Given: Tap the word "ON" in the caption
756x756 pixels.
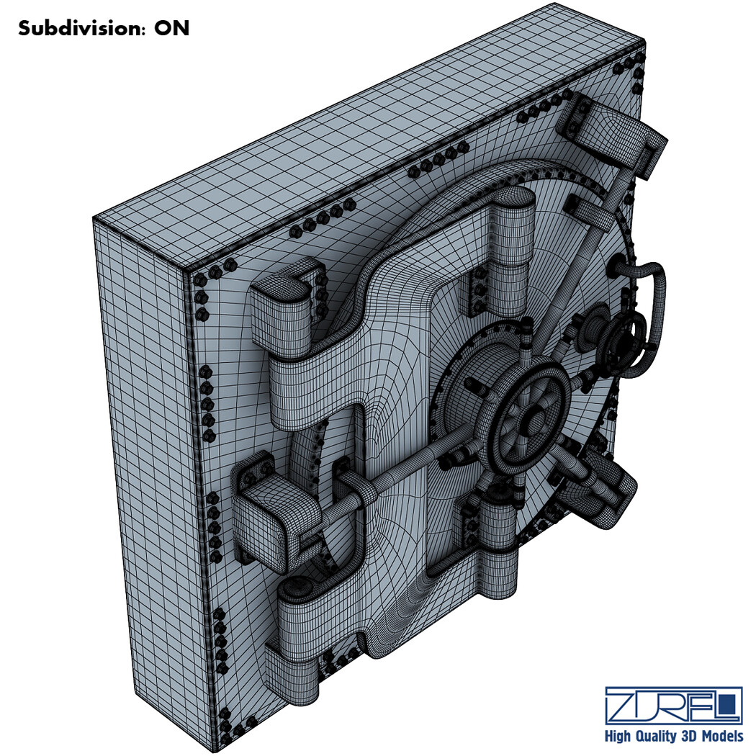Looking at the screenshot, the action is click(x=171, y=29).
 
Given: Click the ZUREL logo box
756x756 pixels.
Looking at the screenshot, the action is click(x=673, y=705).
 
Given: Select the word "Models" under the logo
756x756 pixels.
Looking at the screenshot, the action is click(x=721, y=736).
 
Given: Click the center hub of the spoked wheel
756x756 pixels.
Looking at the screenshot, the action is click(x=534, y=419).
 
